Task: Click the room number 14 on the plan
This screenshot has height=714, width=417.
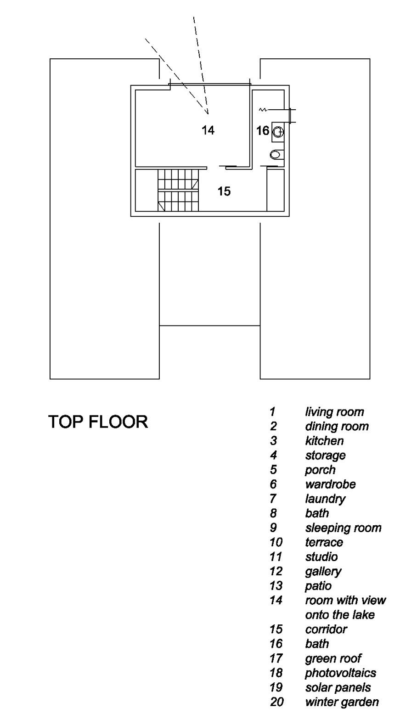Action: click(x=208, y=130)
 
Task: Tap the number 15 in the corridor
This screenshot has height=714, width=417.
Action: click(x=224, y=191)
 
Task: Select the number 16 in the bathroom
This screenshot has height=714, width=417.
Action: click(x=263, y=130)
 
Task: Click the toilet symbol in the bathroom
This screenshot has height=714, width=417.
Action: click(x=276, y=155)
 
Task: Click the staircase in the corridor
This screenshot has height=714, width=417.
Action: click(x=178, y=190)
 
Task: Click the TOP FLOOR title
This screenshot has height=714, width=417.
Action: click(x=98, y=422)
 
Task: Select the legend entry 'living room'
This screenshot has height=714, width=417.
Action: click(x=334, y=412)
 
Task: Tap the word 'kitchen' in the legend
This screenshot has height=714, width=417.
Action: click(x=324, y=441)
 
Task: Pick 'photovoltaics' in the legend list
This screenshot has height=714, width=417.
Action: click(x=340, y=673)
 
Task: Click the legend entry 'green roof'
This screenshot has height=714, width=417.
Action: click(x=333, y=658)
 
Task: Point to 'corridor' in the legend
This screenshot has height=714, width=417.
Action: click(x=326, y=629)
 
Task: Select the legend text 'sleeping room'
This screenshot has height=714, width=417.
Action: click(x=343, y=528)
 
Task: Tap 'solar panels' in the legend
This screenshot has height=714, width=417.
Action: click(x=338, y=687)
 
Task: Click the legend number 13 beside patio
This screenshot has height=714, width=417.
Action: click(x=276, y=586)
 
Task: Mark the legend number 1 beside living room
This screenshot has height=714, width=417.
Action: click(x=272, y=412)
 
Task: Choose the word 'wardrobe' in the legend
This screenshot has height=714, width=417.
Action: click(x=330, y=484)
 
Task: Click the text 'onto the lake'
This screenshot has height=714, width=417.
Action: click(x=340, y=614)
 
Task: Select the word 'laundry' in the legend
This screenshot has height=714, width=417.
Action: click(x=325, y=499)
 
